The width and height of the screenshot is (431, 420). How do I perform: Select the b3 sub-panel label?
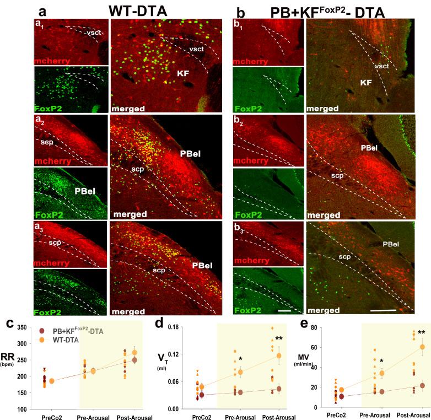click(x=240, y=228)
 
